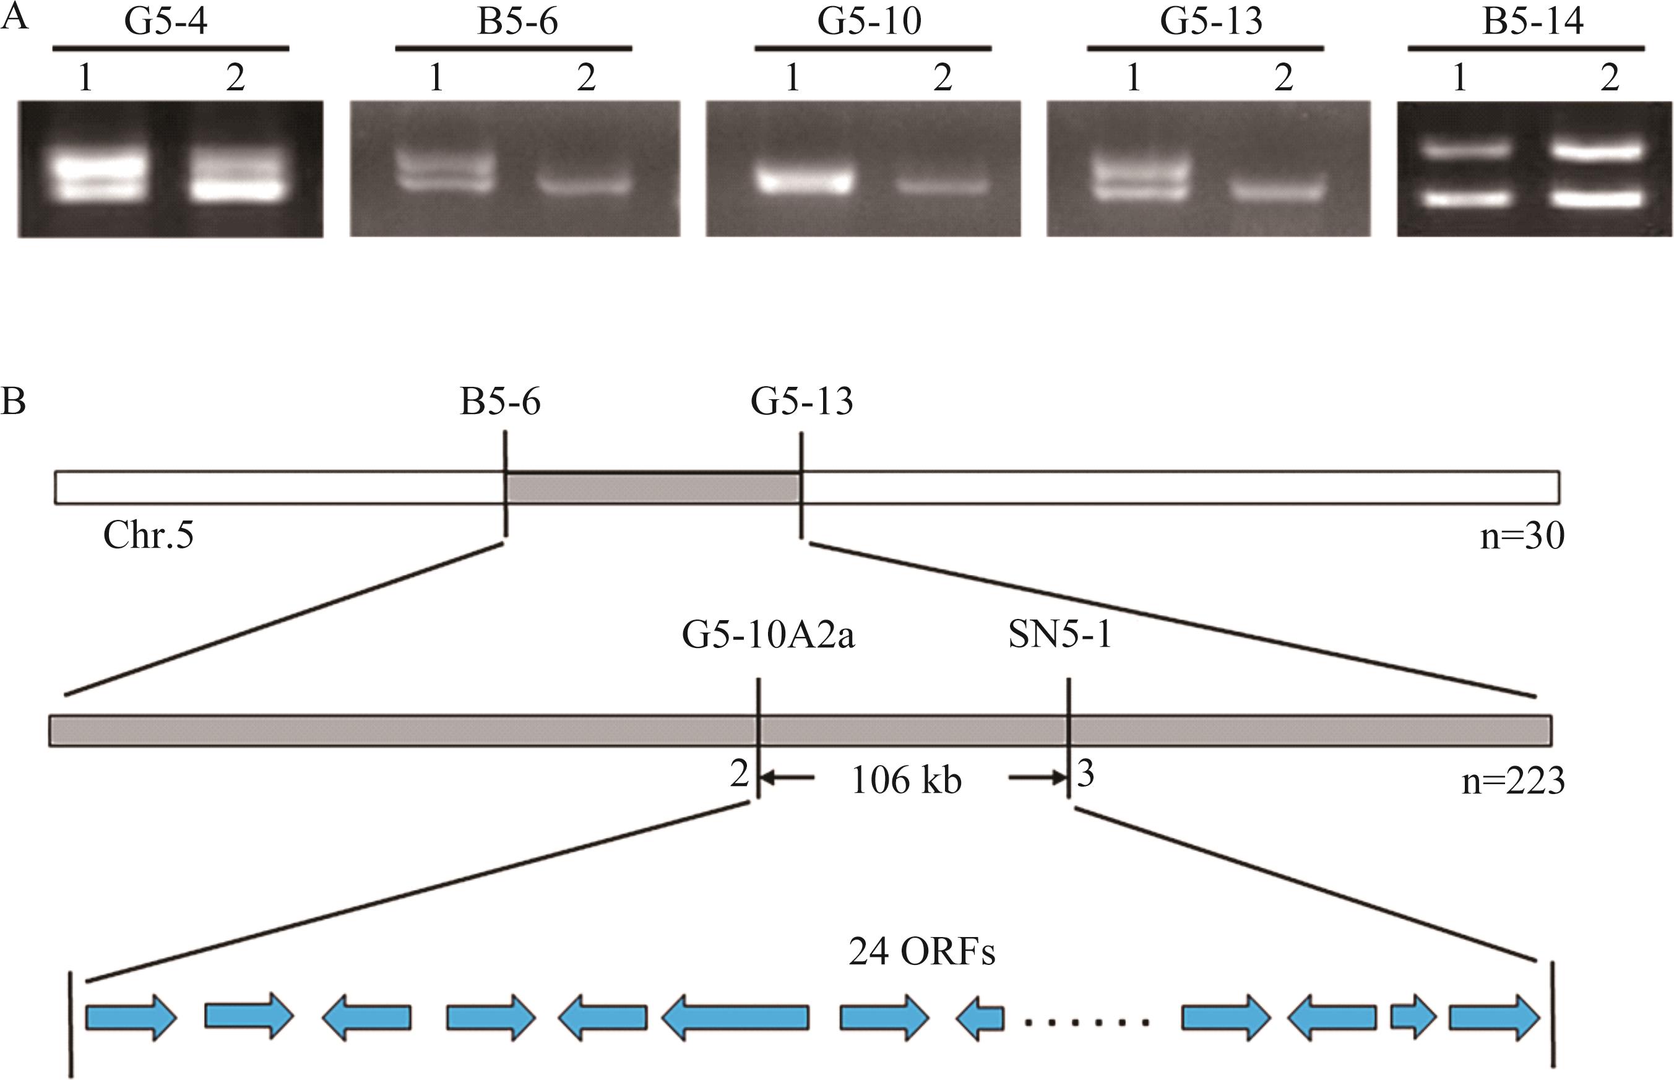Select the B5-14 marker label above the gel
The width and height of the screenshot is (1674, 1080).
(1532, 22)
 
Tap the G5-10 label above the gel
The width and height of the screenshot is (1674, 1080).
(869, 22)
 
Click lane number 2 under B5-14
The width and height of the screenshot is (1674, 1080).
(1610, 78)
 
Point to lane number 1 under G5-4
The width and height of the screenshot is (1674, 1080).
(85, 78)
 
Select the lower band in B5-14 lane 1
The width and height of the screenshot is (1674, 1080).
(1460, 199)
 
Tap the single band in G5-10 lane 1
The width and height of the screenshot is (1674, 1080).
(804, 181)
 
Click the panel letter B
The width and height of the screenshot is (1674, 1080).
(14, 402)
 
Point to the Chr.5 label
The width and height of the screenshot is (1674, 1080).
(149, 535)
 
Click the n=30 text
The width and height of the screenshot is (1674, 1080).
(1522, 537)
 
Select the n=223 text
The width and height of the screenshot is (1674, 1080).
(1512, 781)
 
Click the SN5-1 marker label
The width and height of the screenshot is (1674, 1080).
(1059, 636)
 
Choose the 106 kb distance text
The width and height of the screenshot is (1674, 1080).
(906, 780)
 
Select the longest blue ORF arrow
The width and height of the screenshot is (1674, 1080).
(735, 1017)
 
